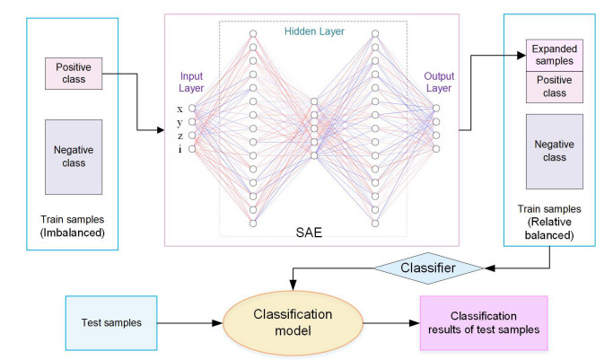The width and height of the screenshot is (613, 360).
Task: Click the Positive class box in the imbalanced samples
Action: (74, 73)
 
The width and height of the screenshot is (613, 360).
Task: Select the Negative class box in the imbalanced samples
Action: (74, 156)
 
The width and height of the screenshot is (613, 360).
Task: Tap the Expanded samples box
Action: (555, 55)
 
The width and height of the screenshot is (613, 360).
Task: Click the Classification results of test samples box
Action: (483, 323)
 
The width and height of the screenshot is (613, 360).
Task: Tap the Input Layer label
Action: (192, 82)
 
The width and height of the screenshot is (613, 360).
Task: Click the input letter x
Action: (180, 110)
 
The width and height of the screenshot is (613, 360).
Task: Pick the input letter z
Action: (180, 136)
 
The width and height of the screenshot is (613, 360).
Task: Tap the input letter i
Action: (180, 149)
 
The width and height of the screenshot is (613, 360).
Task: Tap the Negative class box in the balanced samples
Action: (555, 151)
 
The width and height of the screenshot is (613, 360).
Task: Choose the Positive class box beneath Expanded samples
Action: (555, 86)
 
